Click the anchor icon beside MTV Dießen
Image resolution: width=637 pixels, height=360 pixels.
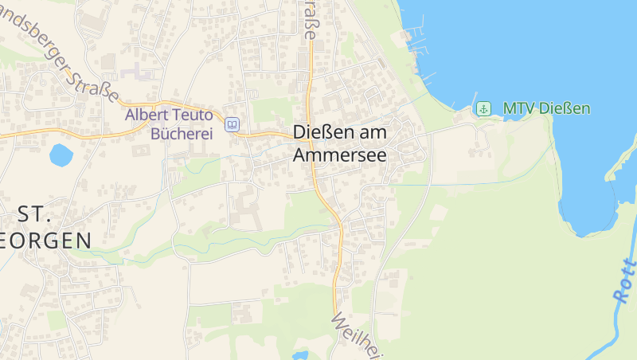(483, 108)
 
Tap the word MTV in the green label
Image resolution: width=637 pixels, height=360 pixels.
(517, 108)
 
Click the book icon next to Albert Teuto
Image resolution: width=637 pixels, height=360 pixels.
(232, 124)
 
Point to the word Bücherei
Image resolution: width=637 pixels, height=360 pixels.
(182, 133)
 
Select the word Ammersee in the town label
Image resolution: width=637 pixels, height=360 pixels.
(339, 155)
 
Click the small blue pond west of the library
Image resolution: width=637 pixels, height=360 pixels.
(61, 155)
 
